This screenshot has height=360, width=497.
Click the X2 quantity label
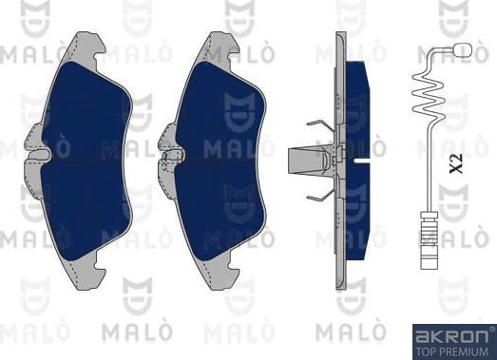[x=456, y=163]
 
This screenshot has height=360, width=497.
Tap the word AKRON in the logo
[x=452, y=336]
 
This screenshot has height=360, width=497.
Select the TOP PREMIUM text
[x=452, y=351]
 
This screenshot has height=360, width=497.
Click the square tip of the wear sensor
[x=463, y=49]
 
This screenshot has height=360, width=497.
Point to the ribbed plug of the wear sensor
[x=429, y=240]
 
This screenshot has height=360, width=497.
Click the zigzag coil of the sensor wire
[x=428, y=94]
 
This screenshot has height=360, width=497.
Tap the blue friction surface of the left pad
[x=86, y=160]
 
